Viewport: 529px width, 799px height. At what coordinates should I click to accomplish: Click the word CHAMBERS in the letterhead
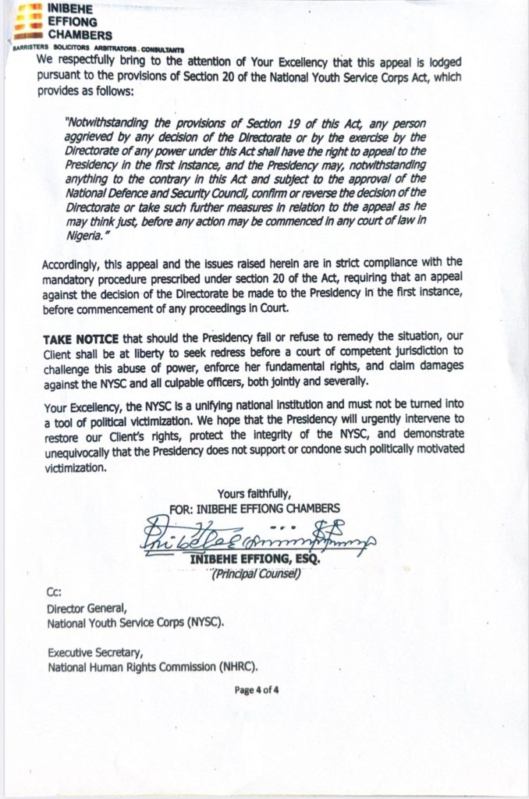pos(80,35)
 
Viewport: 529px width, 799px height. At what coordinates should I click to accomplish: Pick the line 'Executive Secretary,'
pos(94,654)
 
